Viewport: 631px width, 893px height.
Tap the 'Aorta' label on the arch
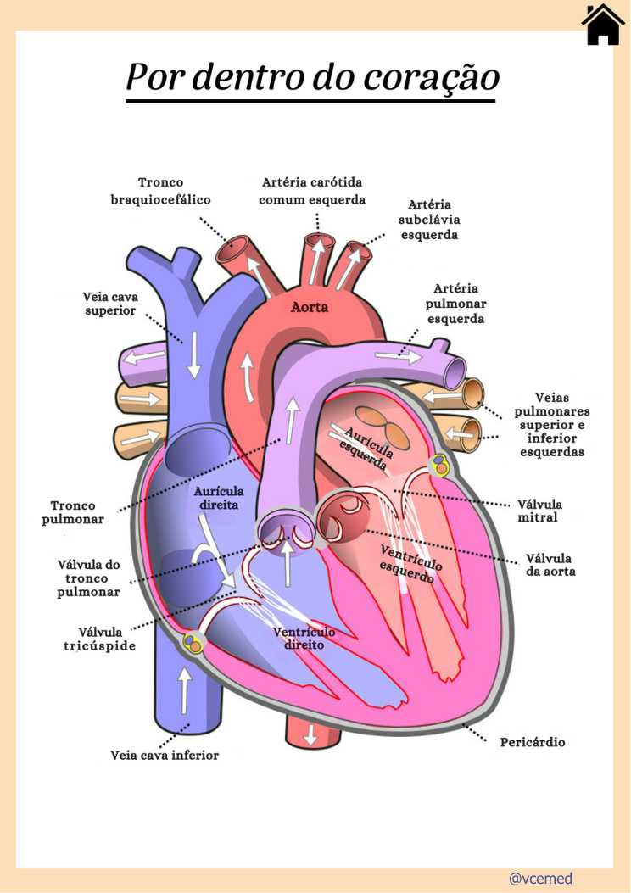coord(310,307)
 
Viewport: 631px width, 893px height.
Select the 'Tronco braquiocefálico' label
coord(160,191)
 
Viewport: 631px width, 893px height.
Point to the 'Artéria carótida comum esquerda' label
coord(312,191)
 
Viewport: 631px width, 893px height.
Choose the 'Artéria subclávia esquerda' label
coord(429,220)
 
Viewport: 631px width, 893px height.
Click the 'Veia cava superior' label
coord(110,304)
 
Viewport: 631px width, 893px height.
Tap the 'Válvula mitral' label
coord(539,511)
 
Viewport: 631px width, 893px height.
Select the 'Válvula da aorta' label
coord(550,565)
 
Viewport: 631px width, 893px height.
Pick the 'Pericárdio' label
coord(533,742)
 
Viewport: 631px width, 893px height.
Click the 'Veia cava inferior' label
coord(165,755)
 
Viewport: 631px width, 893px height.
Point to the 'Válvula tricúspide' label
coord(100,639)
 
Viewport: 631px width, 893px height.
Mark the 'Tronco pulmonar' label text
coord(73,512)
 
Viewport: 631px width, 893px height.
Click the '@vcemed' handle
coord(540,879)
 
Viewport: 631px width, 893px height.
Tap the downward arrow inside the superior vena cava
coord(194,354)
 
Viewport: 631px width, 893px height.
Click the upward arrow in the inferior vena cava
coord(185,690)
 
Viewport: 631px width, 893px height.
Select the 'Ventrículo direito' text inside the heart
coord(304,639)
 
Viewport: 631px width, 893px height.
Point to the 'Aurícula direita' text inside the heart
coord(219,498)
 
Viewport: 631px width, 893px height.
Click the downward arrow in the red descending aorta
coord(310,734)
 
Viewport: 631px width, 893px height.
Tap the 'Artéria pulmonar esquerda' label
coord(455,304)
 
